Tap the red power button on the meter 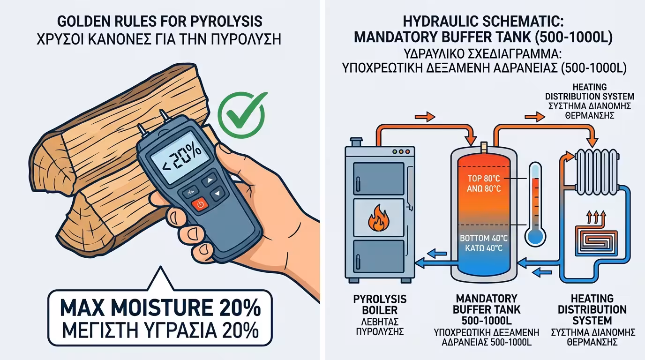[201, 204]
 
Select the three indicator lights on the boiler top [401, 151]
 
